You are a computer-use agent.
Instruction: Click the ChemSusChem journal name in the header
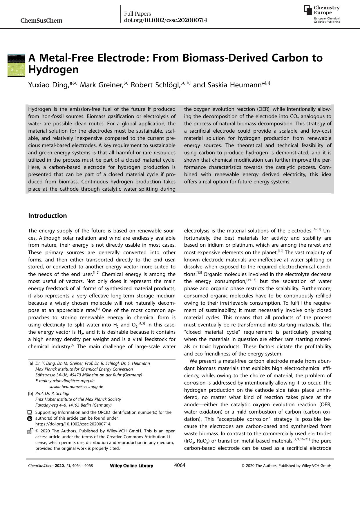(x=41, y=21)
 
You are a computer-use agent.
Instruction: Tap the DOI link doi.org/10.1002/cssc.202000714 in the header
(x=165, y=20)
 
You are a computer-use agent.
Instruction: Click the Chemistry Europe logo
(x=322, y=14)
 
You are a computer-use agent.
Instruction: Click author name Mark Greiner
(x=101, y=85)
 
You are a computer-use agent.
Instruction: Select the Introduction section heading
(x=47, y=216)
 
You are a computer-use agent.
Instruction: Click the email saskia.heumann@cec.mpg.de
(x=76, y=387)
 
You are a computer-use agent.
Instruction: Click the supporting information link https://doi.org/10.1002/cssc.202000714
(x=73, y=424)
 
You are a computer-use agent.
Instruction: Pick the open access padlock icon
(x=29, y=431)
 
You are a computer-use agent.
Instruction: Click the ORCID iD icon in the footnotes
(x=30, y=418)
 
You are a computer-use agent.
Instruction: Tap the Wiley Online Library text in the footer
(x=131, y=466)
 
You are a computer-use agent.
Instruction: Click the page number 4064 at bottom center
(x=180, y=465)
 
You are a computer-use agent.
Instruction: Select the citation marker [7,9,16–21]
(x=301, y=439)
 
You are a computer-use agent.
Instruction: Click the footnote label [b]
(x=30, y=394)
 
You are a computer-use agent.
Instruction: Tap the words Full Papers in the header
(x=138, y=14)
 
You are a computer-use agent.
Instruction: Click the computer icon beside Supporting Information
(x=30, y=412)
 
